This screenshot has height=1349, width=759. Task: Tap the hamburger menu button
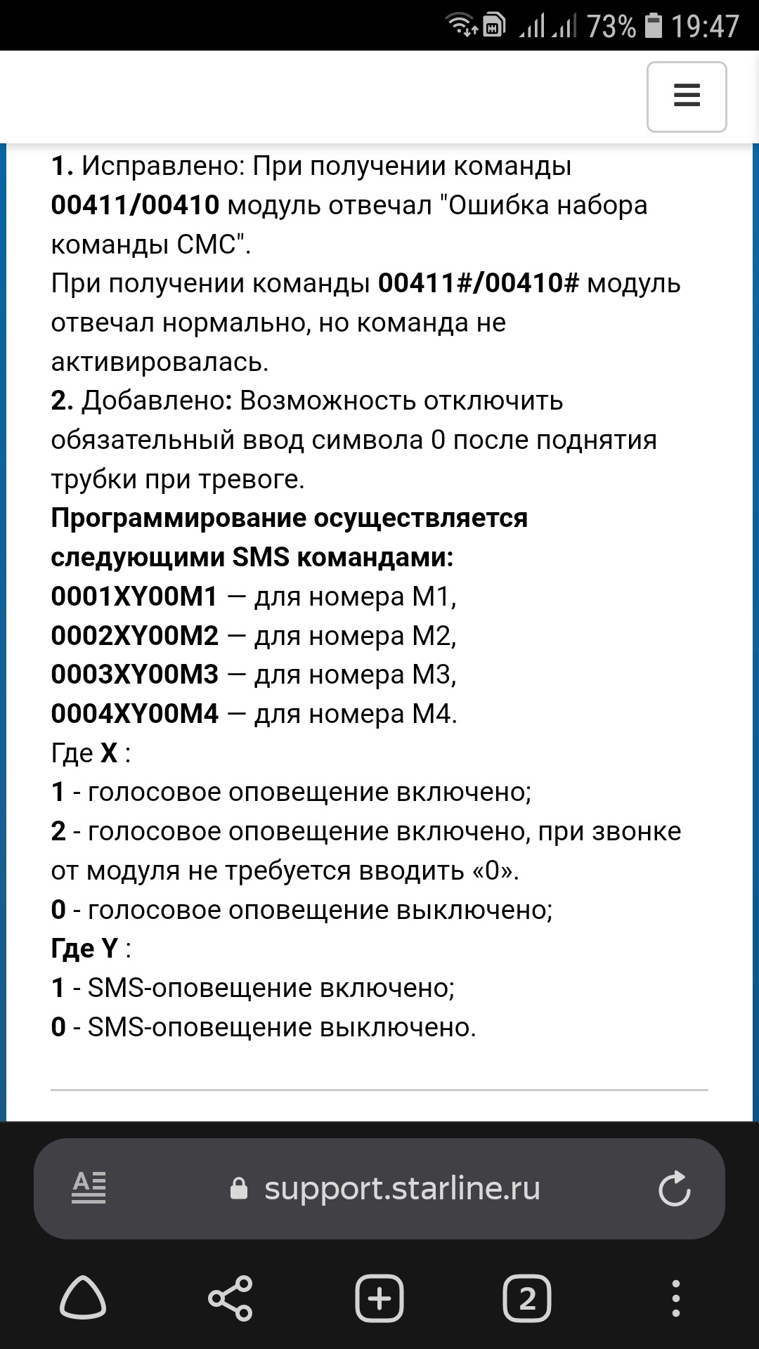(x=687, y=96)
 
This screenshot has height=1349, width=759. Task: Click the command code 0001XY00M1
(x=134, y=597)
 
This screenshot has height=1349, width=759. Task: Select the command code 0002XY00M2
(x=135, y=636)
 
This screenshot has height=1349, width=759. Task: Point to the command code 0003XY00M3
(x=135, y=674)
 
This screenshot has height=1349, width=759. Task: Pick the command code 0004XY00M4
(x=135, y=714)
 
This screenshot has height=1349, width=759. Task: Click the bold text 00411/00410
(x=135, y=205)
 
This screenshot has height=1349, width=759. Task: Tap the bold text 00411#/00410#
(x=479, y=283)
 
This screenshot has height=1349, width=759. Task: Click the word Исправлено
(x=162, y=167)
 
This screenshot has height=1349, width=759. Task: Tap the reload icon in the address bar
(x=674, y=1188)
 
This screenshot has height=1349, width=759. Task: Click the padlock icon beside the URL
(x=239, y=1189)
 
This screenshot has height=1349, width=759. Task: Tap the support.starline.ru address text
(x=402, y=1188)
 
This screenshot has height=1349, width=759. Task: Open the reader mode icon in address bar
(x=89, y=1188)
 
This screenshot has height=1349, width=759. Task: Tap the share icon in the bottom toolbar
(x=231, y=1298)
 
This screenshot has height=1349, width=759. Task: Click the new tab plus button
(x=379, y=1298)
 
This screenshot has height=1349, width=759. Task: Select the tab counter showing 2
(x=527, y=1298)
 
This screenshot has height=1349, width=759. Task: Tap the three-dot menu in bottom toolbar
(x=675, y=1298)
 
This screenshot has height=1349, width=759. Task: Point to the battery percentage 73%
(x=611, y=27)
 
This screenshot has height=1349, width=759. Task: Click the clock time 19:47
(x=705, y=27)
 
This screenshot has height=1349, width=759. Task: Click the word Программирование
(x=179, y=519)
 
